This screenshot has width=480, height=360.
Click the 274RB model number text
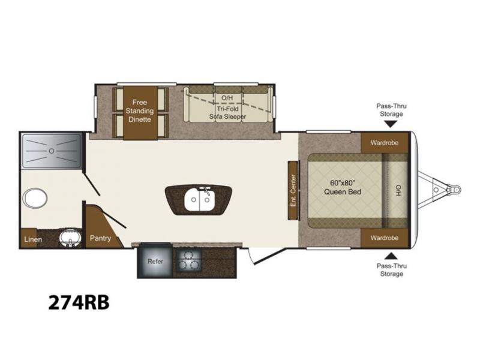point(79,302)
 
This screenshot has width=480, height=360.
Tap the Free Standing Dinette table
point(140,113)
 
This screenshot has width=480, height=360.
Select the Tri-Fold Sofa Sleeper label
point(228,113)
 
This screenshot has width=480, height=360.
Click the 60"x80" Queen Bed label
point(343,187)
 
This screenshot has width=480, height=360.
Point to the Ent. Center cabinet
point(293,190)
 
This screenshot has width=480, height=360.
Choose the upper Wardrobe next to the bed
point(385,143)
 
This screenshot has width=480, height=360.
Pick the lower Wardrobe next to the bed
point(385,238)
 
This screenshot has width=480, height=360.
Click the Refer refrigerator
point(155,261)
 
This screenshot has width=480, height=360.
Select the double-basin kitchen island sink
point(199,200)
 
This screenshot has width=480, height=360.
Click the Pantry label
point(100,238)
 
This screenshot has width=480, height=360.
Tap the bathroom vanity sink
point(70,238)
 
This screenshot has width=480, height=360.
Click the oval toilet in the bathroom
point(35,197)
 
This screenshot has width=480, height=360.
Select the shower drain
point(52,151)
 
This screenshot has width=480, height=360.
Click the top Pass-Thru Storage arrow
point(391,124)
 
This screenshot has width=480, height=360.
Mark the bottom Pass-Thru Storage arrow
point(391,256)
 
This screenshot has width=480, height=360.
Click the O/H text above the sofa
point(227,98)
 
